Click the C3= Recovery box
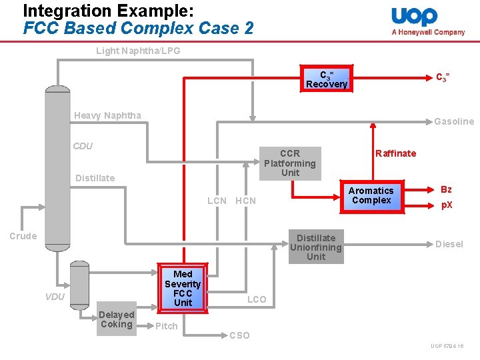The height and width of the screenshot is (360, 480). coord(326,79)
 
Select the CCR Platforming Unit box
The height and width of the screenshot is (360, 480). coord(290,163)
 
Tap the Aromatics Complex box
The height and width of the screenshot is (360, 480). coord(371,195)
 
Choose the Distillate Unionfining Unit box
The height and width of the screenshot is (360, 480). coord(316,247)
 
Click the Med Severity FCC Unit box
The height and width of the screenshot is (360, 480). coord(183,288)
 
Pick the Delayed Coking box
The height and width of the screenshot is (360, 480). coord(116,319)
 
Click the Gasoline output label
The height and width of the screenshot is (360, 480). coord(454,121)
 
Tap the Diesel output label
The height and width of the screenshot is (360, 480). coord(449,244)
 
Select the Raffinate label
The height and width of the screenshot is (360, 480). coord(395,153)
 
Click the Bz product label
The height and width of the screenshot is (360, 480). coord(446,189)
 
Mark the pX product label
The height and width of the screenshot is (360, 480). coord(447,205)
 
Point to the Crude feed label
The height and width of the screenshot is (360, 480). coord(23,236)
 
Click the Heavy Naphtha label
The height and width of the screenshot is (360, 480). coord(107,115)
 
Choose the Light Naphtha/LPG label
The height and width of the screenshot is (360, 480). coord(138,51)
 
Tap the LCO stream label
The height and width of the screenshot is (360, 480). coord(257,299)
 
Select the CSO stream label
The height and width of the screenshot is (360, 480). coord(239,335)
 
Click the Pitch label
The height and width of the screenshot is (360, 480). coord(166,326)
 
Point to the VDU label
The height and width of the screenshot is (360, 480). coord(55,296)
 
